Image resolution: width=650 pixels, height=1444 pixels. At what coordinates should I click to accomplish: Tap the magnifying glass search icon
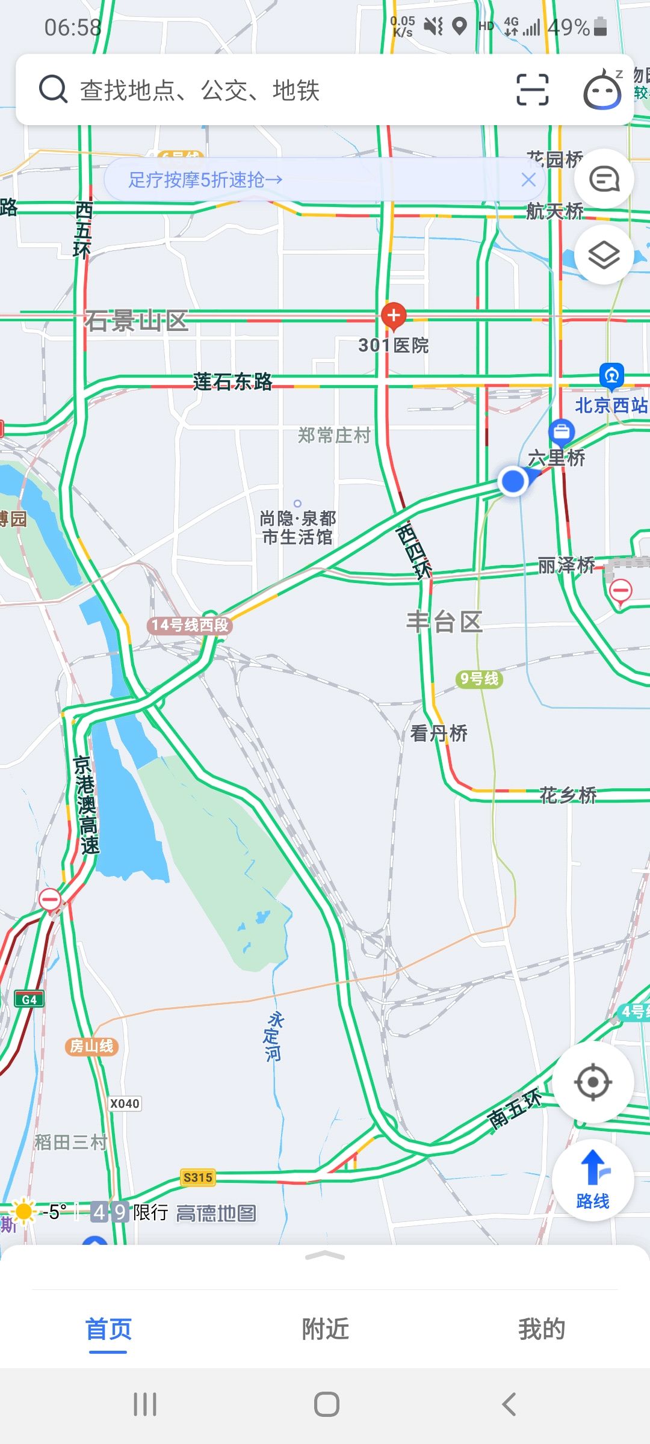(x=53, y=90)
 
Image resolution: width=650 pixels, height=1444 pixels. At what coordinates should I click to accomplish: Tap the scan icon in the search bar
(x=532, y=90)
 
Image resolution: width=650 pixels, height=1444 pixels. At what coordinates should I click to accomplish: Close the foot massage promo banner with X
(x=528, y=179)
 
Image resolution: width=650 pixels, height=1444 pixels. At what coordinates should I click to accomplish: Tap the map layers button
(x=604, y=255)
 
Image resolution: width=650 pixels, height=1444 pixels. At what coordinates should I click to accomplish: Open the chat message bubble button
(x=604, y=179)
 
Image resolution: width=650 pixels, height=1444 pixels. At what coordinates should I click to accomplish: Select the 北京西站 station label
(x=611, y=405)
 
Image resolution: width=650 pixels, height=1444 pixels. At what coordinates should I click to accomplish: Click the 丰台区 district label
(x=444, y=622)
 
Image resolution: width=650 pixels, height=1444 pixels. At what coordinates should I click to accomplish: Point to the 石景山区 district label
(x=136, y=321)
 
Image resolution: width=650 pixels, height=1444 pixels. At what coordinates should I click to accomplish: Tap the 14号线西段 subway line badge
(x=190, y=625)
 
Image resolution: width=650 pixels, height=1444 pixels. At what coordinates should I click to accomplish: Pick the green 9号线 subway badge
(x=479, y=679)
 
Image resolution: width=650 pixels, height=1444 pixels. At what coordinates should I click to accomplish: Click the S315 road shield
(x=198, y=1177)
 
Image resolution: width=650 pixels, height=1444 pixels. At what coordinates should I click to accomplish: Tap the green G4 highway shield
(x=29, y=999)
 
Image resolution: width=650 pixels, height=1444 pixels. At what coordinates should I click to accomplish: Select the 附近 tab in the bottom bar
(x=325, y=1329)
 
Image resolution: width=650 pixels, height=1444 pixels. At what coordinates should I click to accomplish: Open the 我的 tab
(x=542, y=1329)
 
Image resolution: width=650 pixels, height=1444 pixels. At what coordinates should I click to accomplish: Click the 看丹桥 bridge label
(x=439, y=733)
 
